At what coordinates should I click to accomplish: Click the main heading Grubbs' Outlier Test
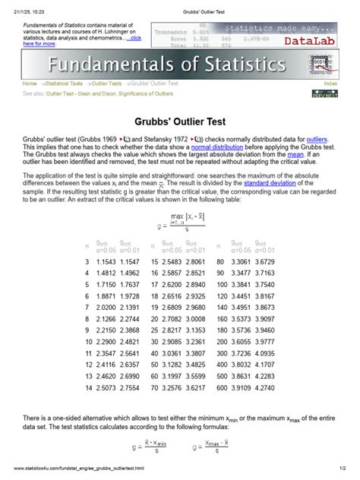coord(180,120)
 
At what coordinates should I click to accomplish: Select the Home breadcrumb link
coord(30,83)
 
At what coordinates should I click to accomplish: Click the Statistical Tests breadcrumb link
coord(65,83)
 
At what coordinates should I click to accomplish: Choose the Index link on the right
coord(330,83)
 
